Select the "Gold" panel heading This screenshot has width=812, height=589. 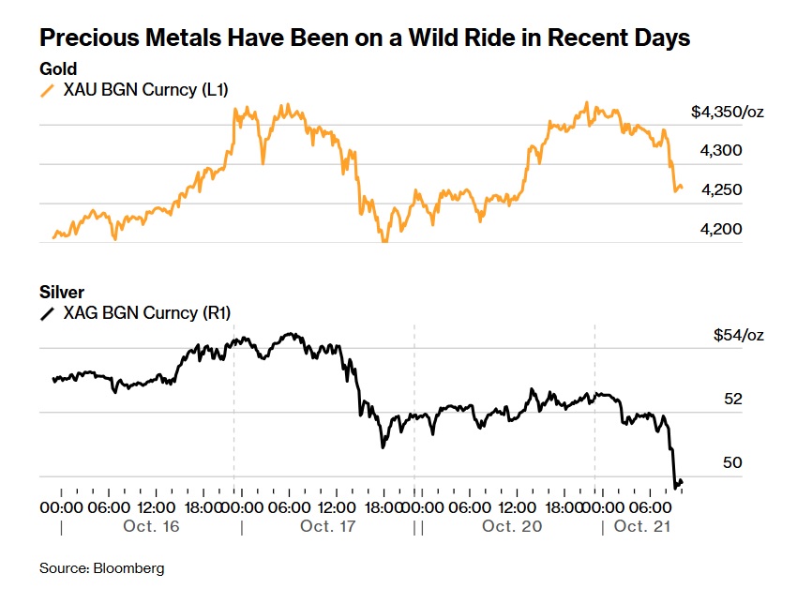click(x=57, y=69)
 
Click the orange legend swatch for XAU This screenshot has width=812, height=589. click(x=47, y=90)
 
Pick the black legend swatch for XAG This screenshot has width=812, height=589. click(x=47, y=313)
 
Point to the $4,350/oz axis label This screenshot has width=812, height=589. click(x=728, y=112)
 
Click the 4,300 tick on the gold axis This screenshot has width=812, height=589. click(x=721, y=150)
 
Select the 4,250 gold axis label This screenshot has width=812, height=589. click(x=721, y=189)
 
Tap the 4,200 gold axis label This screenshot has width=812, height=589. click(x=721, y=229)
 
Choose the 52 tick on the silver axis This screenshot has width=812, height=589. click(x=733, y=399)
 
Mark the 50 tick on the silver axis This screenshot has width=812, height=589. click(x=733, y=462)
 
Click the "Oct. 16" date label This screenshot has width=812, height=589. click(x=151, y=527)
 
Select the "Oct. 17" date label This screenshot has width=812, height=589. click(x=328, y=527)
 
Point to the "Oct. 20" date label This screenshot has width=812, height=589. click(x=512, y=527)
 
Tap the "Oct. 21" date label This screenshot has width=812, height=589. click(x=643, y=527)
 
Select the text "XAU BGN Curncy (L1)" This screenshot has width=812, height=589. click(x=144, y=90)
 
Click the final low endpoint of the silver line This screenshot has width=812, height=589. click(x=676, y=487)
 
